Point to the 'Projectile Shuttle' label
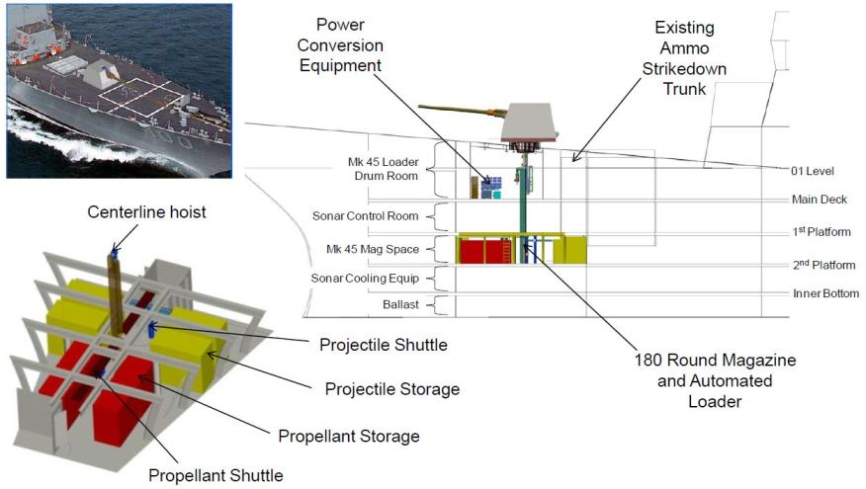click(x=384, y=345)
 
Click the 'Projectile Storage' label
click(x=392, y=389)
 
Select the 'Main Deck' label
click(x=820, y=200)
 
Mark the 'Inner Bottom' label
click(x=825, y=293)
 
